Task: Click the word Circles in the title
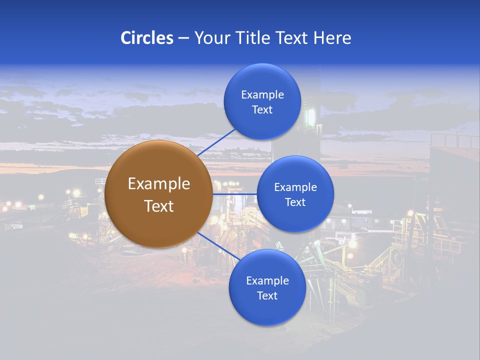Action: tap(146, 38)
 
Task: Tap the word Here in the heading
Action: tap(332, 38)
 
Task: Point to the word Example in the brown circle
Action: tap(158, 184)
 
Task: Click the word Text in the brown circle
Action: tap(158, 206)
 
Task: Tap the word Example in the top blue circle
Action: tap(262, 95)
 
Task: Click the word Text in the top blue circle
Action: tap(262, 110)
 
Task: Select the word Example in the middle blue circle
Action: tap(295, 187)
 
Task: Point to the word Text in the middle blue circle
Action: tap(295, 202)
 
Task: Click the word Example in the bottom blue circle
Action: tap(267, 281)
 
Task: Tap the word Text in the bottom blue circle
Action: tap(267, 296)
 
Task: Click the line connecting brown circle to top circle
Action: tap(216, 142)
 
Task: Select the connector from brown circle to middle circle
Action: tap(234, 194)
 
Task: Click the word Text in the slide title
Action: tap(292, 38)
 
